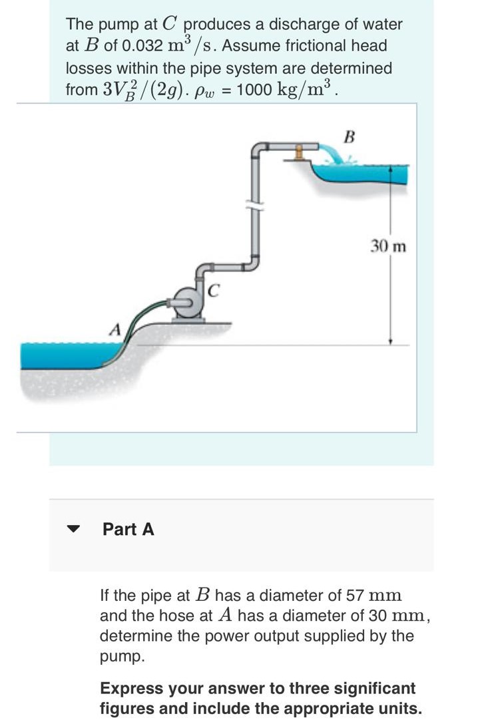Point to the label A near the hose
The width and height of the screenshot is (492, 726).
click(115, 329)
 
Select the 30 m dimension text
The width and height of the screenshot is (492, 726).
click(388, 246)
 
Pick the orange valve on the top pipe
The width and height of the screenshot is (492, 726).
click(299, 152)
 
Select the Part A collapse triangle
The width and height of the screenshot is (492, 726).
click(73, 530)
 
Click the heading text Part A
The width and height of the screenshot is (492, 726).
click(128, 529)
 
